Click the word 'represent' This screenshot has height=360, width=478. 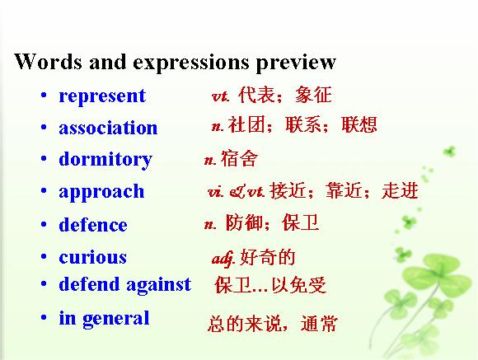(x=102, y=97)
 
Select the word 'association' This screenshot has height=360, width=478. (x=108, y=128)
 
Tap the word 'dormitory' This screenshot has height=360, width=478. (x=105, y=160)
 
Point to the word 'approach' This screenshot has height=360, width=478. (x=101, y=193)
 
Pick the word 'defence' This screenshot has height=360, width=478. (x=93, y=225)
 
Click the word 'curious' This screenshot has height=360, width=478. (x=92, y=257)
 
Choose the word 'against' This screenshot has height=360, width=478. (x=159, y=285)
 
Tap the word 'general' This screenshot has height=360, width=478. (x=116, y=319)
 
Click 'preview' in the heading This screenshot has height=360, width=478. (x=296, y=63)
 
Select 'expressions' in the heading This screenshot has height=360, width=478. (x=191, y=63)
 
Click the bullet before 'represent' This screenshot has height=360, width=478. (x=44, y=96)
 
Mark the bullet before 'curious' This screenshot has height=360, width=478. (x=44, y=257)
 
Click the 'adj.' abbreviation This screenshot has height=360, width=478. (x=223, y=259)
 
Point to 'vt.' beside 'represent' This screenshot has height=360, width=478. (x=220, y=96)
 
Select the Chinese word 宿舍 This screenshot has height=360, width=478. (x=239, y=158)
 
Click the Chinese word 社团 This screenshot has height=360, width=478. (x=246, y=124)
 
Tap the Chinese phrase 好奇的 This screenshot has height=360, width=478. (x=268, y=257)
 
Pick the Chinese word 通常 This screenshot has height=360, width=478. (x=319, y=323)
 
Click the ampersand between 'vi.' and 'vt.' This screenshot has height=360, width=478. (x=237, y=192)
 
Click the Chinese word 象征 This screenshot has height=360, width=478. (x=313, y=95)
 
